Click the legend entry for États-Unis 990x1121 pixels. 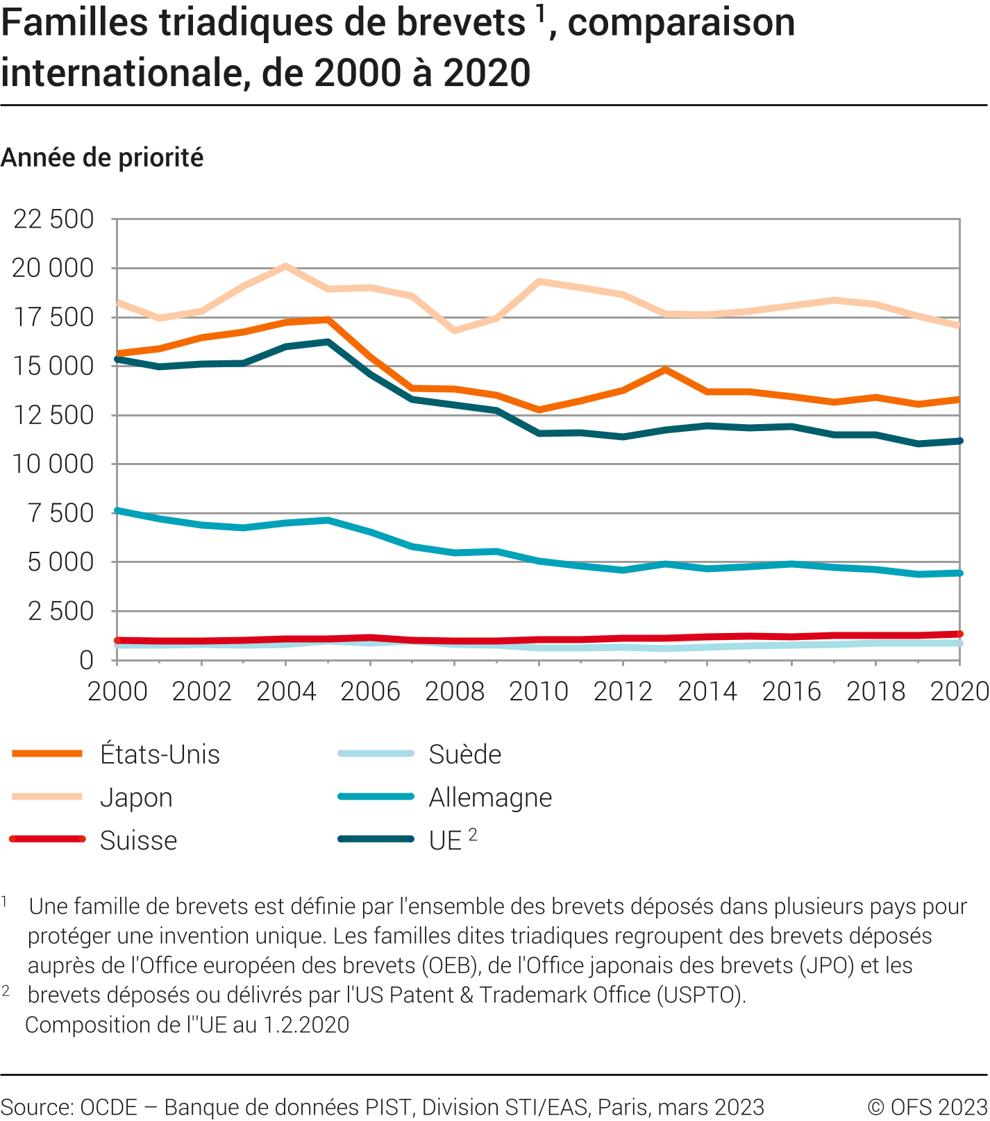(x=160, y=755)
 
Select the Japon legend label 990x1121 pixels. (x=136, y=798)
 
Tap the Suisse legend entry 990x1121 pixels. (x=138, y=841)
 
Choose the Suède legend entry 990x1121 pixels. (x=464, y=755)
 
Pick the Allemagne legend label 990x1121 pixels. (x=490, y=798)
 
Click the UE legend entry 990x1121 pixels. (x=445, y=841)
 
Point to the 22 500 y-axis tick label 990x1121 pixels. (x=53, y=219)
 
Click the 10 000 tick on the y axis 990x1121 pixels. (x=53, y=464)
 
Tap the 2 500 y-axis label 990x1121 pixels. (x=60, y=612)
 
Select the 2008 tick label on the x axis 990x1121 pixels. (x=455, y=691)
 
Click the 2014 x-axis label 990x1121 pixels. (x=707, y=691)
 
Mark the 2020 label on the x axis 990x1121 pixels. (x=959, y=691)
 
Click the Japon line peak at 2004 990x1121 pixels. (x=285, y=266)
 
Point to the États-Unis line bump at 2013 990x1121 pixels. (x=666, y=370)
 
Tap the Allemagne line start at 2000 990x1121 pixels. (x=117, y=511)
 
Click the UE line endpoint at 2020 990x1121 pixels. (x=959, y=441)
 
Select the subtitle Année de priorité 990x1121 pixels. (x=102, y=158)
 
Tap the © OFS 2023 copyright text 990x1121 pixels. (x=927, y=1106)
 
